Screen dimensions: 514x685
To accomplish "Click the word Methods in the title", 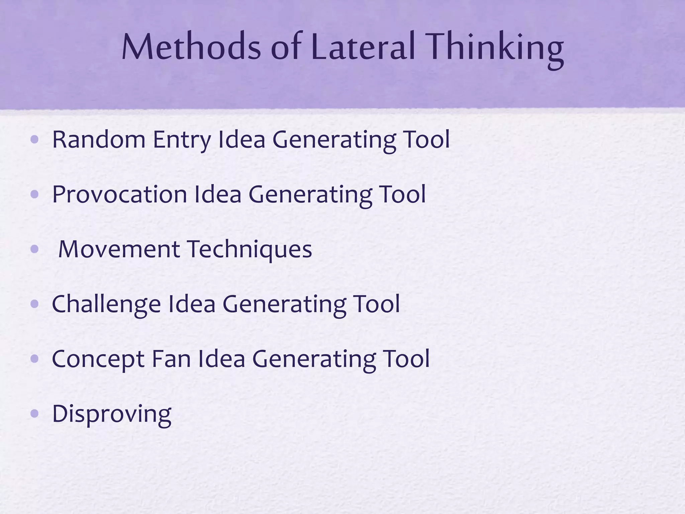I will [x=191, y=47].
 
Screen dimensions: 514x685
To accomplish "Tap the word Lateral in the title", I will [x=363, y=47].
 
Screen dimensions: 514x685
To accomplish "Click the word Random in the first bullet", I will [x=99, y=140].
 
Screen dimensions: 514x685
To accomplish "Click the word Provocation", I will [x=119, y=194].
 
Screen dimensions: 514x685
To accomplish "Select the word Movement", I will [x=119, y=249].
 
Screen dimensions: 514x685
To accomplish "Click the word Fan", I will [x=171, y=359].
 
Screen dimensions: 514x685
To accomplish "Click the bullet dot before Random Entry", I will [x=34, y=140].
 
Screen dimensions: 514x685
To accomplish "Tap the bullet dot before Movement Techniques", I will [x=34, y=249].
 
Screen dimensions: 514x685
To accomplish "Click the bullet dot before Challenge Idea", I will [x=34, y=304].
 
